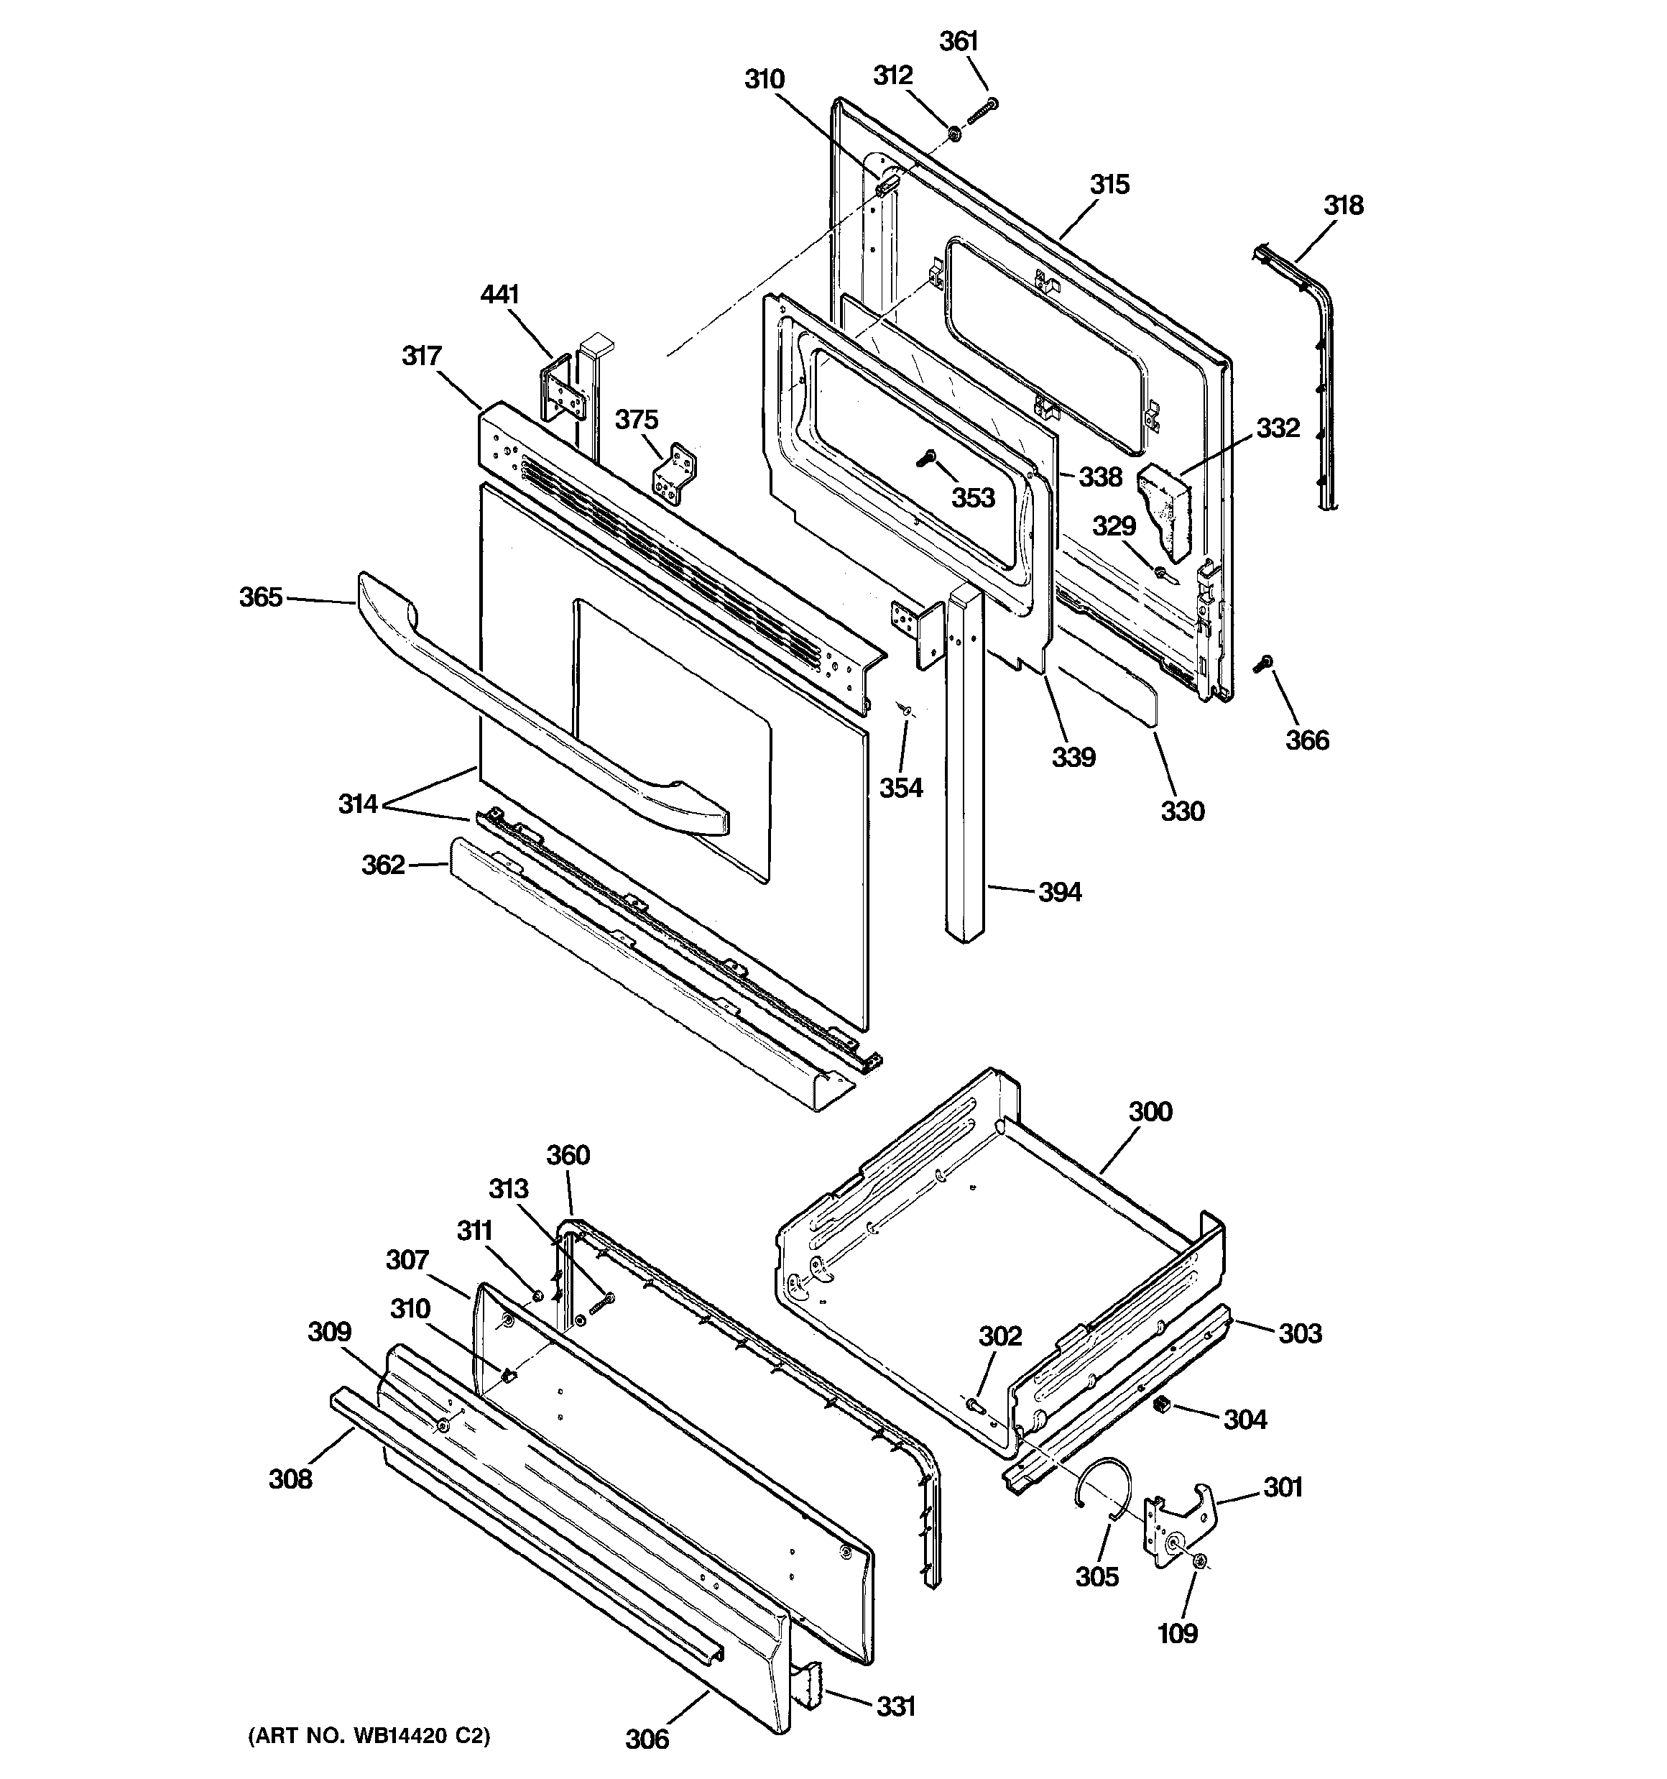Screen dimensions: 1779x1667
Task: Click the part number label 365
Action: [x=260, y=597]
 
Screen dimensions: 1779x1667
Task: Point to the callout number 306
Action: [x=647, y=1739]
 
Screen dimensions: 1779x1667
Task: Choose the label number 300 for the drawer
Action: [x=1150, y=1111]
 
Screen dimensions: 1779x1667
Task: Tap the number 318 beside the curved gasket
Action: [x=1343, y=205]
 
